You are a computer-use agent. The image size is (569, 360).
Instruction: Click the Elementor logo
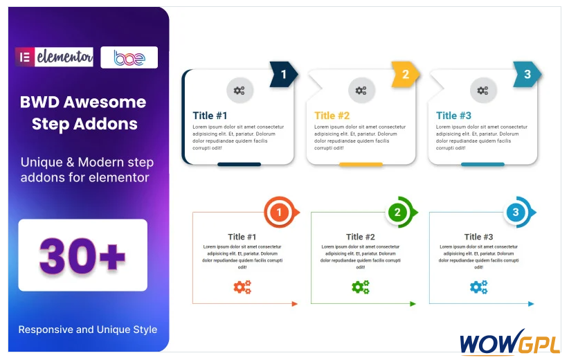tap(54, 57)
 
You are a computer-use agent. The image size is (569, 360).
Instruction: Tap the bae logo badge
tap(129, 57)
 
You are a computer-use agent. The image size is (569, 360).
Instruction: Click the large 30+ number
tap(82, 255)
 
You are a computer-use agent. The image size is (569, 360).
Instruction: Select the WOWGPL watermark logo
tap(510, 342)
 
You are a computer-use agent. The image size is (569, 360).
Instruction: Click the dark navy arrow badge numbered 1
tap(284, 74)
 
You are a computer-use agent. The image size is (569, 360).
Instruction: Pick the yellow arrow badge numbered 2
tap(406, 74)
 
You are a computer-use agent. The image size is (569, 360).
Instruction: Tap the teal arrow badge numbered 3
tap(527, 74)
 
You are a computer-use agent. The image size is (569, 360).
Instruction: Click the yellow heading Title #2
tap(332, 116)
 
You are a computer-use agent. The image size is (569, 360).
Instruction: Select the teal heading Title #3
tap(453, 116)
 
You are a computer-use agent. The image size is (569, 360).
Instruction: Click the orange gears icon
tap(242, 287)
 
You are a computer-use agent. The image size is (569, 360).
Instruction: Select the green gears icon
tap(361, 287)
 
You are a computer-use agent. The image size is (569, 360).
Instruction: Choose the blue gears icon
tap(478, 287)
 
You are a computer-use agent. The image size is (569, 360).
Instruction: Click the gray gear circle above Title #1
tap(240, 91)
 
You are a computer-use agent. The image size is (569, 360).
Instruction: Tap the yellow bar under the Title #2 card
tap(361, 164)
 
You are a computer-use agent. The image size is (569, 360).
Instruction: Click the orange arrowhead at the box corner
tap(295, 304)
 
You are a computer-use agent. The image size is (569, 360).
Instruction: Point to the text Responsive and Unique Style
tap(88, 330)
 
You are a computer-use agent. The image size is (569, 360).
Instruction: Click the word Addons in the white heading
tap(105, 124)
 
